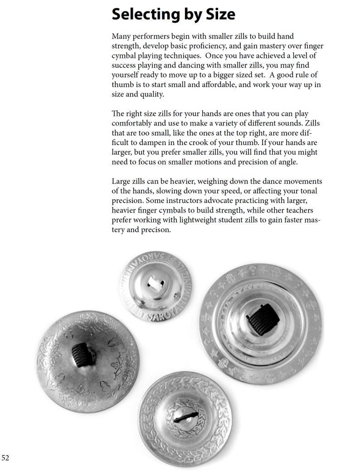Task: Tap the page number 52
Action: [x=5, y=458]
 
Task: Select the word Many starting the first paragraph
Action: [x=121, y=36]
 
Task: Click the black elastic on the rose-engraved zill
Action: [x=82, y=353]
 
